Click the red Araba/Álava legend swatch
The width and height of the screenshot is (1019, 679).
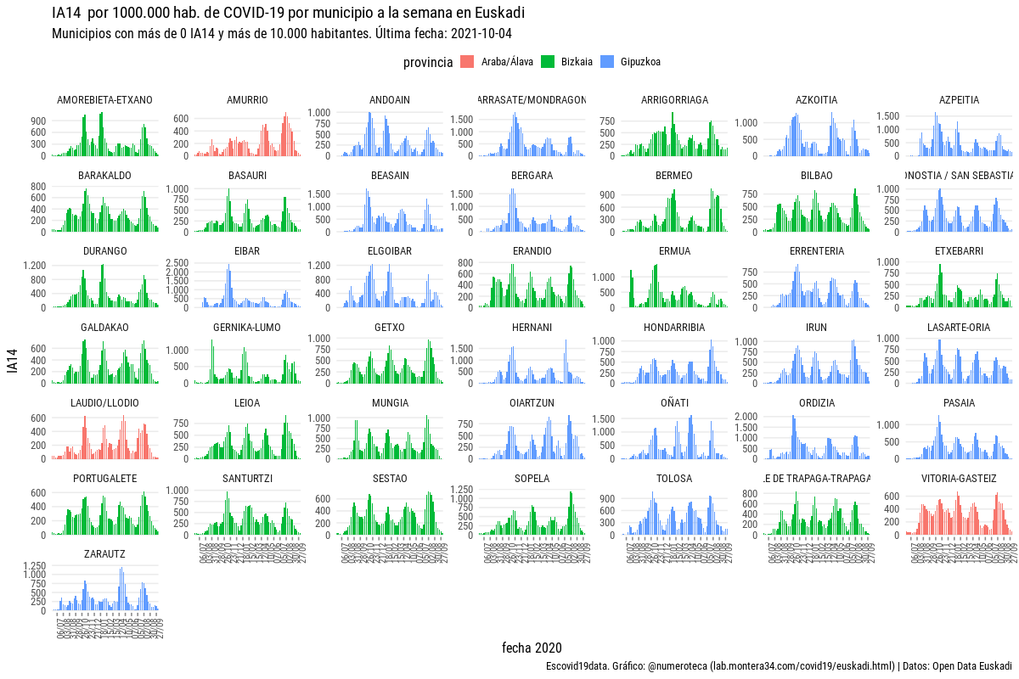467,61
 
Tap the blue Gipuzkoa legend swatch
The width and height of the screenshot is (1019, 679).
607,61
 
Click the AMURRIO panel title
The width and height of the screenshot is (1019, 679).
247,100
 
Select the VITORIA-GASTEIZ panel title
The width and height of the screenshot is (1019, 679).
959,479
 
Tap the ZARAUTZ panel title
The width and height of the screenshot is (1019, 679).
105,554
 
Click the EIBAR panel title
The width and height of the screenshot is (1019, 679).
247,251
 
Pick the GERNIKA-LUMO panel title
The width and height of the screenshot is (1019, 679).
247,328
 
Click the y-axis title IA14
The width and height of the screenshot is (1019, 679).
12,362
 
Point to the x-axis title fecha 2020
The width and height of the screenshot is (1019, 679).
532,648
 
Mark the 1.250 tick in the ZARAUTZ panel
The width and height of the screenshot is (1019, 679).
35,565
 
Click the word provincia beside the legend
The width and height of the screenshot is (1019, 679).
427,62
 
